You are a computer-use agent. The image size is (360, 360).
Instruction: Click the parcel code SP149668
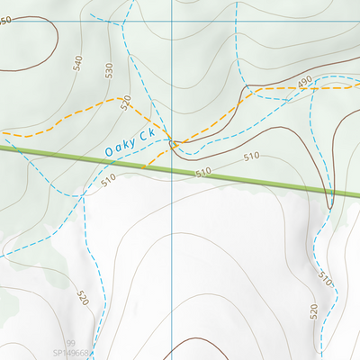coord(71,354)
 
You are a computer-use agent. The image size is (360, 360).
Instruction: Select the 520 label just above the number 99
coord(83,297)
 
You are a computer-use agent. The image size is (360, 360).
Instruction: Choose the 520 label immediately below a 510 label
coord(314,312)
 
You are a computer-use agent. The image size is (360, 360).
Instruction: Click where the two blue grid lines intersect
coord(171,21)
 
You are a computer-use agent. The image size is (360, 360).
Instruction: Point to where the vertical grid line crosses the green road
coord(171,166)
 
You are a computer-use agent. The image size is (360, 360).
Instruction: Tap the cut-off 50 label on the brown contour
coord(7,20)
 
